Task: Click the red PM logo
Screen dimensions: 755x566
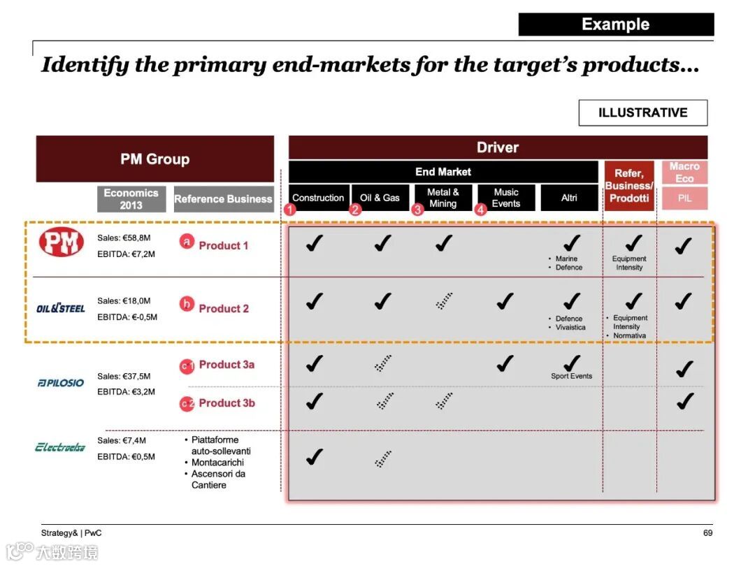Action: click(61, 242)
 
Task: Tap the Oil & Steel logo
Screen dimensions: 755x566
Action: click(61, 308)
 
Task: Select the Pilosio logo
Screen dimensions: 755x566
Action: click(61, 383)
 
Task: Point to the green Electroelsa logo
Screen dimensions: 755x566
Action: click(60, 447)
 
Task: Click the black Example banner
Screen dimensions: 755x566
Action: click(616, 24)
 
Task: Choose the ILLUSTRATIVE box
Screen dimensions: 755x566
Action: click(643, 113)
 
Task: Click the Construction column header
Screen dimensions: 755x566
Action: click(318, 198)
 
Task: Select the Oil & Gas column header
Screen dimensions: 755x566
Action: click(380, 198)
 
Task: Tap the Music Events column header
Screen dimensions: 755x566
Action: click(506, 198)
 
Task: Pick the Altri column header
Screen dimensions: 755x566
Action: click(569, 198)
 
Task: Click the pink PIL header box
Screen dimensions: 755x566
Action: click(684, 198)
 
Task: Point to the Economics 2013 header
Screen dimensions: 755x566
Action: click(131, 198)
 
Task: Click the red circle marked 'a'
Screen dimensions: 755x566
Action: click(187, 242)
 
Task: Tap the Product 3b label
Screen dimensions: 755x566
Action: click(226, 403)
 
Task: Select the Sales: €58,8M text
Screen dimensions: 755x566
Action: click(124, 238)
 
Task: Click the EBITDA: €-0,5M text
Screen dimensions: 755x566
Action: click(127, 317)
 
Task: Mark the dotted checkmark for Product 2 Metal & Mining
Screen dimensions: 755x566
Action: click(444, 300)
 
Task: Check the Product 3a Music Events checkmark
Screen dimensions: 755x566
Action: click(505, 363)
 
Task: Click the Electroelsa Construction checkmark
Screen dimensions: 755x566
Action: click(315, 457)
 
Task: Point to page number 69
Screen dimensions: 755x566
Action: click(707, 532)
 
